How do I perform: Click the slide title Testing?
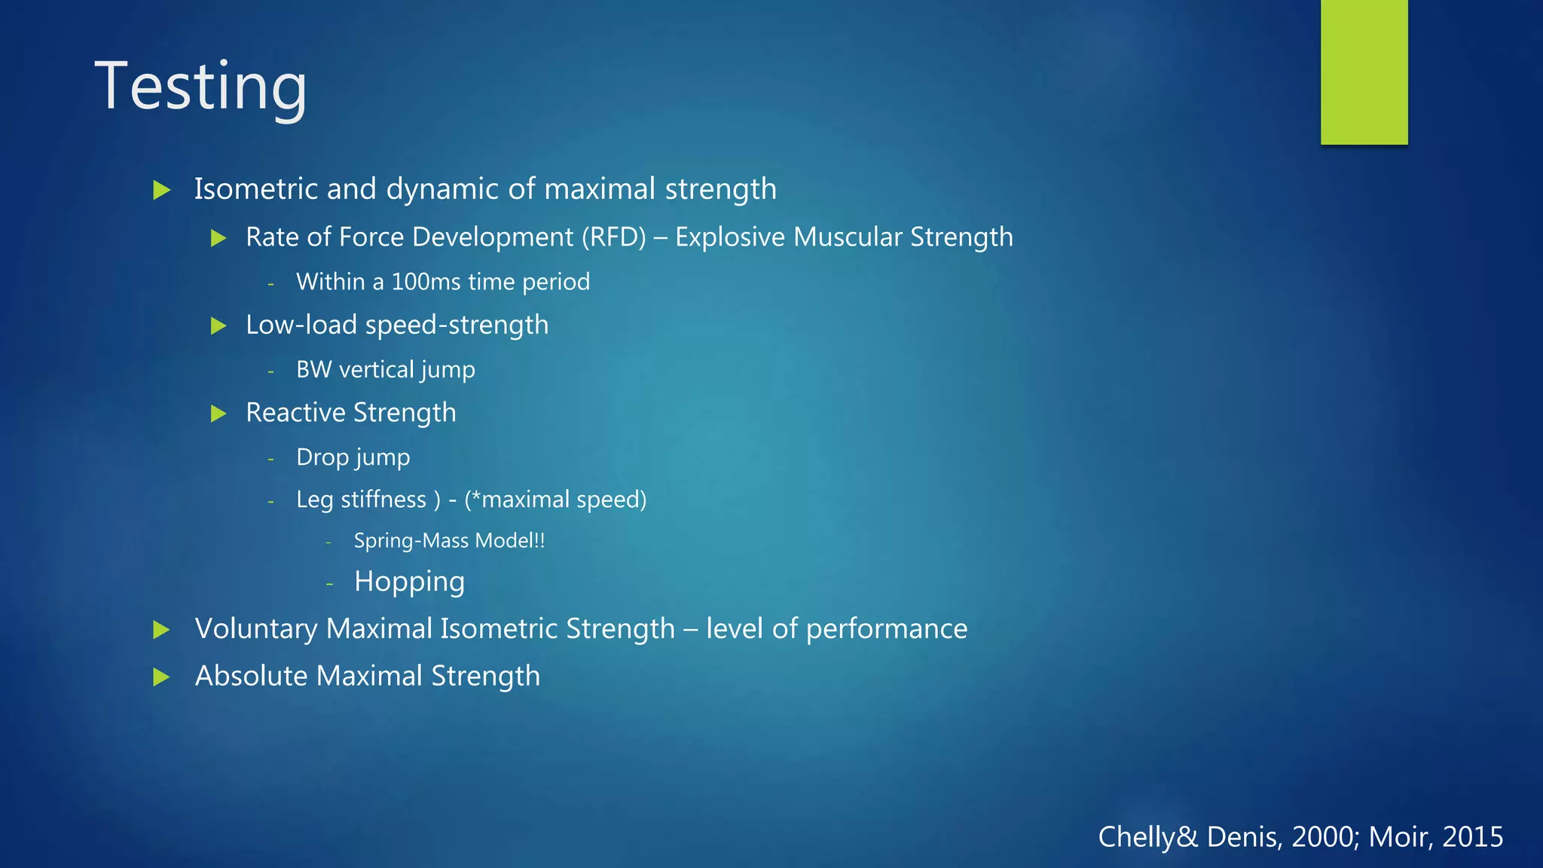click(200, 87)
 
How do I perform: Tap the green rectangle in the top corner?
click(1364, 72)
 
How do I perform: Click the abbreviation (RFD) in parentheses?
click(613, 237)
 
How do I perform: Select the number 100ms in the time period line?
click(426, 282)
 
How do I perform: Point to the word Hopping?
click(409, 582)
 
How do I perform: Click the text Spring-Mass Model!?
click(449, 541)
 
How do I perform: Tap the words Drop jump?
click(353, 457)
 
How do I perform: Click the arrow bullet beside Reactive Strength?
click(218, 414)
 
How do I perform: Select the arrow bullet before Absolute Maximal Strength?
click(161, 677)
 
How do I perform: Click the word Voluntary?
click(255, 629)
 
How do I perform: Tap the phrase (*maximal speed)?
click(555, 500)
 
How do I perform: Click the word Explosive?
click(729, 237)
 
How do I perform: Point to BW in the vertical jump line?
click(313, 370)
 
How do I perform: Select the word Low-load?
click(301, 325)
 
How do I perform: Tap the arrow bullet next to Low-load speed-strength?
click(218, 326)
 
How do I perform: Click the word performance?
click(886, 629)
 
